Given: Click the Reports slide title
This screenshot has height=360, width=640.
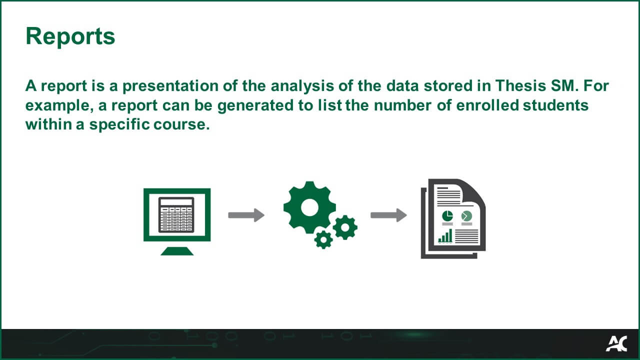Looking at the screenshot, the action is [x=70, y=36].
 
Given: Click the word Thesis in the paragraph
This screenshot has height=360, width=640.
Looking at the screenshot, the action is [x=520, y=85].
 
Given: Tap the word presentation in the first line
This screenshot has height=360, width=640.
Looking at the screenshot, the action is [x=170, y=85].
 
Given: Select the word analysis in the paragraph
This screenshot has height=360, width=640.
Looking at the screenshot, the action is [x=302, y=85].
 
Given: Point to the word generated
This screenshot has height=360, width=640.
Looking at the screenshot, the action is [x=255, y=105].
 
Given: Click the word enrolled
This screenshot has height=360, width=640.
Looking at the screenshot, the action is [x=487, y=105].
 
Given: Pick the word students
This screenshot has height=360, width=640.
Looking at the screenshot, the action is [x=555, y=105].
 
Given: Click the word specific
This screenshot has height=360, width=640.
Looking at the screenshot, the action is [x=119, y=124].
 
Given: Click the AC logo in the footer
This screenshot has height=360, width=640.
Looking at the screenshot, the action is [x=616, y=343].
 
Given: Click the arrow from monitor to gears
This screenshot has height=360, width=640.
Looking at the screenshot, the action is [x=246, y=215].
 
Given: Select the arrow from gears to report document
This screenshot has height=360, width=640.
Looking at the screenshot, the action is [x=389, y=215].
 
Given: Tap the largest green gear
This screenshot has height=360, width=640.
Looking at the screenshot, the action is [x=309, y=207].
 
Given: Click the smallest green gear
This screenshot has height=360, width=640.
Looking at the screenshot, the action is [x=323, y=239].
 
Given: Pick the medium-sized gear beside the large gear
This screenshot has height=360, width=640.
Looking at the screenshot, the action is [x=345, y=227].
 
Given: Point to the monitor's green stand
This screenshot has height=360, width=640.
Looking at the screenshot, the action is [x=177, y=251].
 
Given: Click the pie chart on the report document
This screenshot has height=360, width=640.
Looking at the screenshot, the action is [x=447, y=216].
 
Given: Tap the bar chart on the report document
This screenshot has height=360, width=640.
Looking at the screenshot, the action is [x=445, y=236].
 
